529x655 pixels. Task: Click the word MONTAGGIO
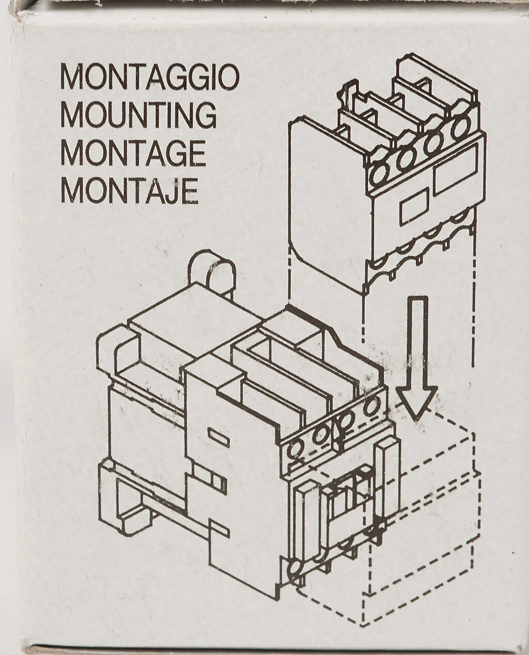(150, 77)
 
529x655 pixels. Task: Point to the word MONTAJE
(129, 191)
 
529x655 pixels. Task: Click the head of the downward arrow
(416, 402)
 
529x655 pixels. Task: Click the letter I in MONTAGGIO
(209, 77)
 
